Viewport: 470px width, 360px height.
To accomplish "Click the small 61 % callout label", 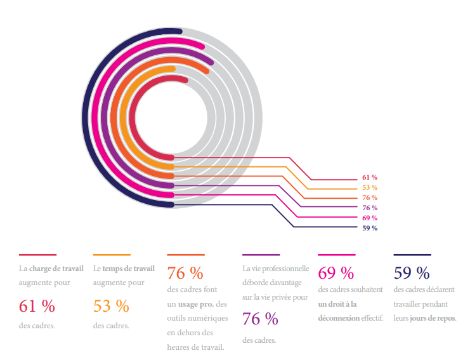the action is coord(370,178).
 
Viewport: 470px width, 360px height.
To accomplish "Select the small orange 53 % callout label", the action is coord(370,188).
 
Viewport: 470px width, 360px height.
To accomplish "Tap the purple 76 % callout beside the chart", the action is coord(370,208).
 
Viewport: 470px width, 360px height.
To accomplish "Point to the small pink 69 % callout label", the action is coord(370,218).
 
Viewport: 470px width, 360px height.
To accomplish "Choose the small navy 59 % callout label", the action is coord(370,229).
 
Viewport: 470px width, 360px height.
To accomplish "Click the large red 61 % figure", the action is coord(37,306).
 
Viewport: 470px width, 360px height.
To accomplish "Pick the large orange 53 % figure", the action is coord(111,306).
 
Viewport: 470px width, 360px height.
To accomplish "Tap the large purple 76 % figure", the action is coord(260,319).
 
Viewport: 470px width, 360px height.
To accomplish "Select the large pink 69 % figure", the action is coord(336,273).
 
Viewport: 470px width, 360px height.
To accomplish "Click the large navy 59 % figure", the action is coord(412,273).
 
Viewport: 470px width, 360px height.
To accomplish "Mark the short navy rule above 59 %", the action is coord(412,255).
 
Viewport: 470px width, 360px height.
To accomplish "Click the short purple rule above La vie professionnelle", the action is coord(261,255).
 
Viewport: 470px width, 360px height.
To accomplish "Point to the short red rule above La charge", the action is coord(37,255).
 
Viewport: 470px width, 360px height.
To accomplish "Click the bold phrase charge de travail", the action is coord(56,269).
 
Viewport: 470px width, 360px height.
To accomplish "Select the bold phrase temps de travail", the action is coord(129,269).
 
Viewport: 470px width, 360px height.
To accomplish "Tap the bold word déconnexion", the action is coord(339,318).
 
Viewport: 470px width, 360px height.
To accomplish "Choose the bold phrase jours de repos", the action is coord(433,318).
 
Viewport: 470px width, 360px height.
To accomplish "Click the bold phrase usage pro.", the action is coord(196,305).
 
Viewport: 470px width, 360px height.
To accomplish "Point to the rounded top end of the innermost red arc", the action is coord(185,80).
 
